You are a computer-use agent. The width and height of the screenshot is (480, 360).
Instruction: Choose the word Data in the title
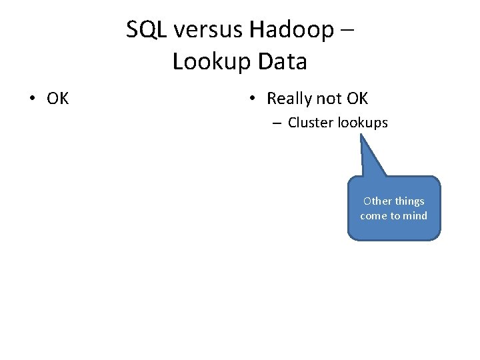(281, 62)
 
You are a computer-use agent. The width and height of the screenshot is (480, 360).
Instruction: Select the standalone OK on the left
(58, 99)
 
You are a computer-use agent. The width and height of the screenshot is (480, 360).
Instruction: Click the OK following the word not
(357, 99)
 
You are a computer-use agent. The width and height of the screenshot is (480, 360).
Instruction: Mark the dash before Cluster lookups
(276, 123)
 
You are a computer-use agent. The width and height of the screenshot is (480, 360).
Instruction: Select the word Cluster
(311, 123)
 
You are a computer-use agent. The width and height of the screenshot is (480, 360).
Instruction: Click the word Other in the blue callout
(377, 201)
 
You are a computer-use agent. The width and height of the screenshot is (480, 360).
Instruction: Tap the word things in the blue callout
(409, 201)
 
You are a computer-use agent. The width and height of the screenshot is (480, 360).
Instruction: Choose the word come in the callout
(373, 216)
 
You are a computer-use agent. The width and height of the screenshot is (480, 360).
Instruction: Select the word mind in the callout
(415, 216)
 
